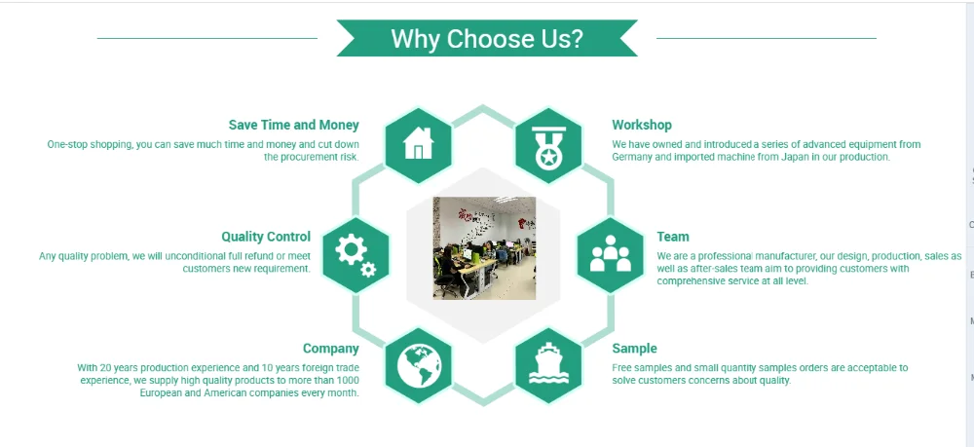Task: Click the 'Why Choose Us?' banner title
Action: coord(487,39)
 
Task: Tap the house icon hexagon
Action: coord(418,145)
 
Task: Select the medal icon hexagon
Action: coord(548,145)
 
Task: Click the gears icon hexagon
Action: coord(356,255)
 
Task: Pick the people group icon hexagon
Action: coord(611,255)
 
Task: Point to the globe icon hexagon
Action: coord(418,365)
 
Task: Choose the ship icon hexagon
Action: coord(548,365)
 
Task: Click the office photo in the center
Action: coord(484,248)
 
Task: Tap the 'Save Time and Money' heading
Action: coord(294,125)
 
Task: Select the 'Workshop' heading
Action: coord(642,125)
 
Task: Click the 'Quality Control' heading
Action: coord(266,237)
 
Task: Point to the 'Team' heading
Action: coord(673,237)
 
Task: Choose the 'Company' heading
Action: coord(331,349)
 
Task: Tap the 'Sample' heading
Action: coord(634,349)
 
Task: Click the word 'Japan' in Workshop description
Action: coord(795,157)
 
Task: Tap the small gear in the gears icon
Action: coord(368,270)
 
